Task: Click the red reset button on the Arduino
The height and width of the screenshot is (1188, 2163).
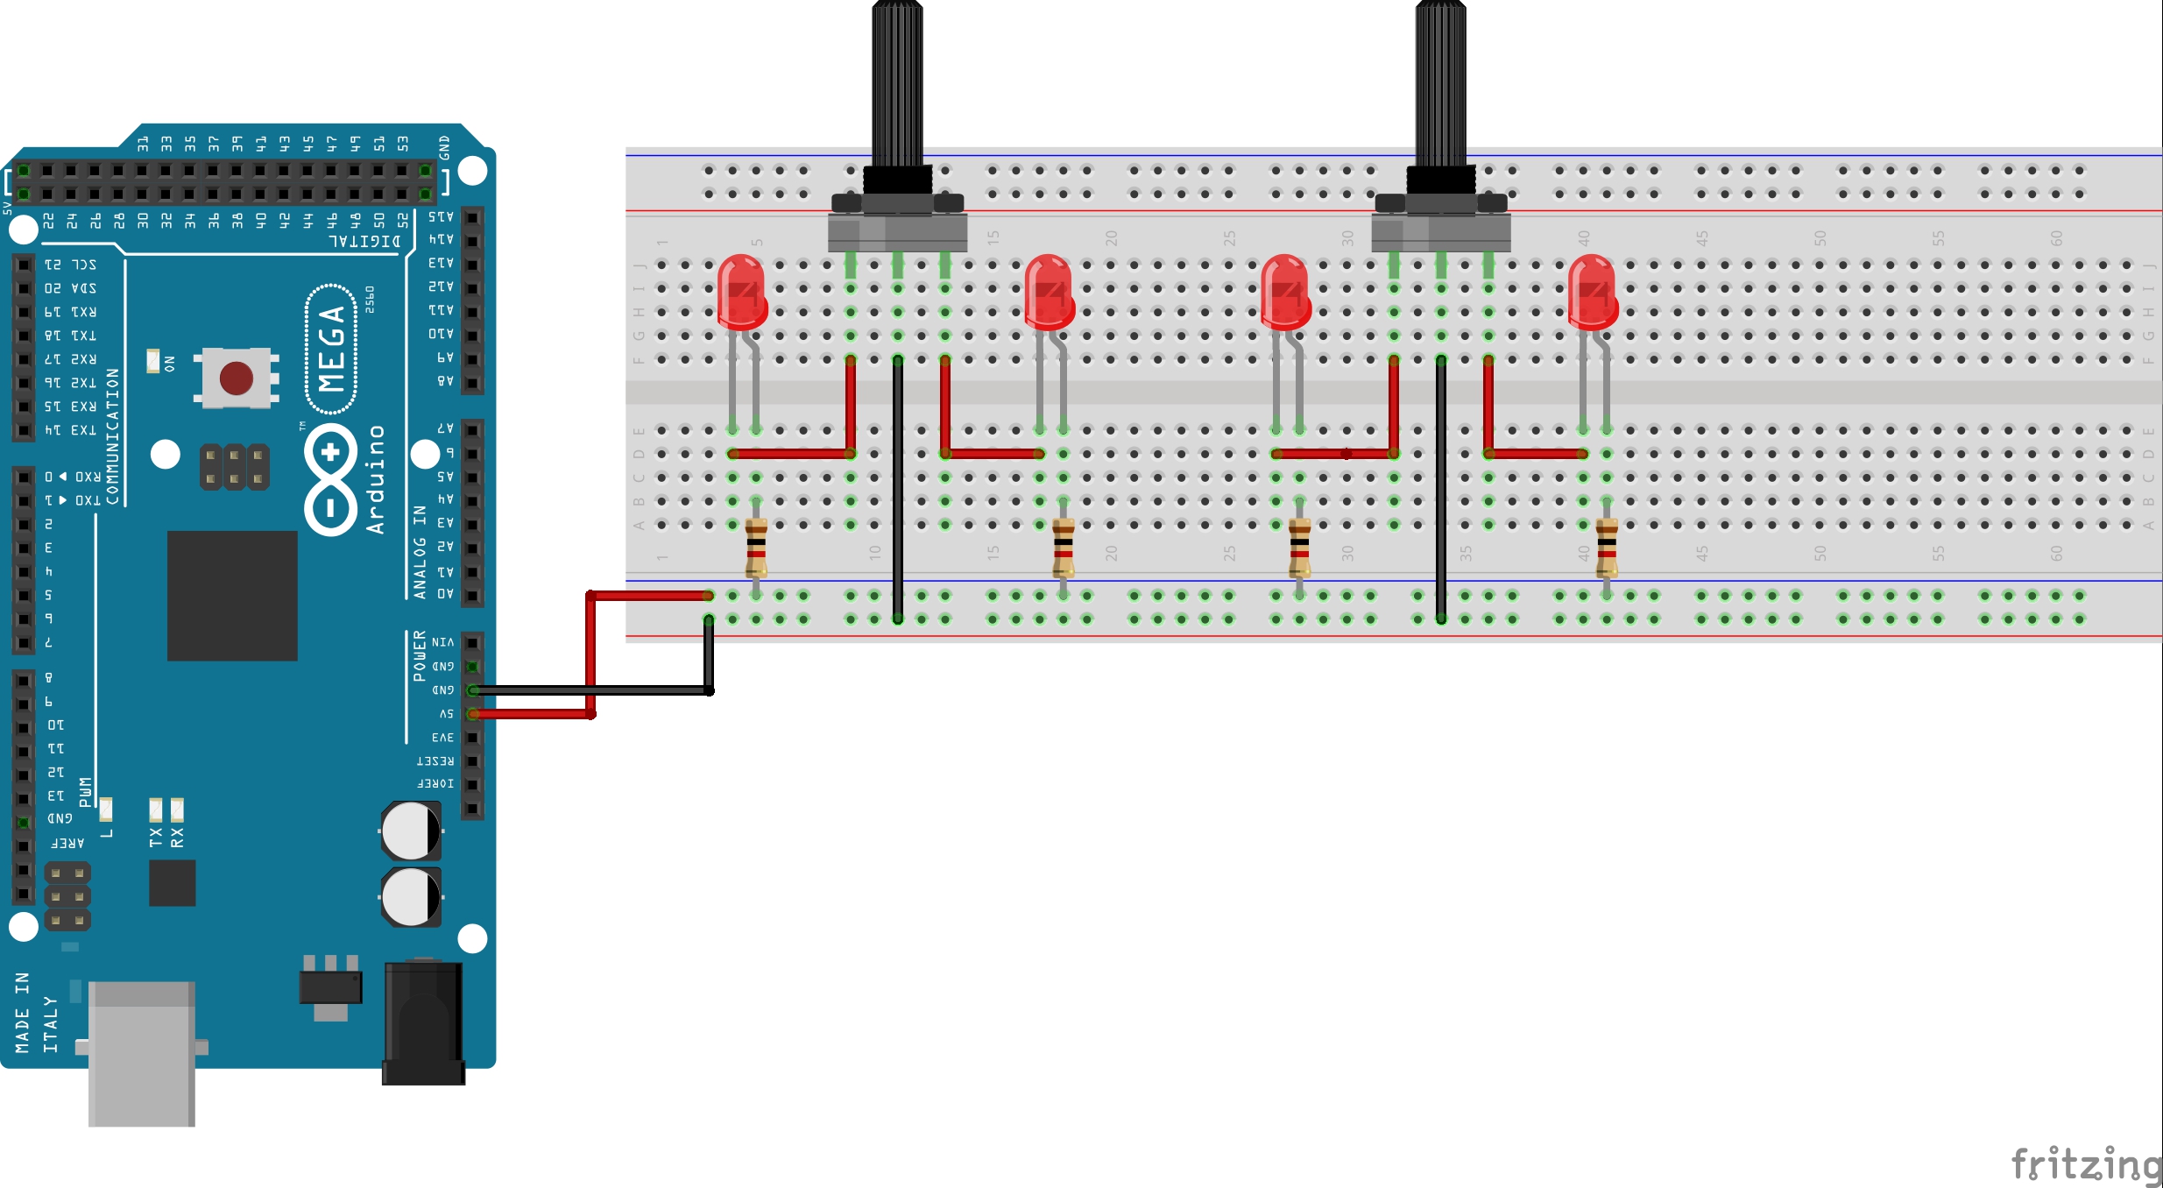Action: (x=236, y=378)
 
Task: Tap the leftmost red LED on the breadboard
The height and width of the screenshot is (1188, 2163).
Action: (x=741, y=292)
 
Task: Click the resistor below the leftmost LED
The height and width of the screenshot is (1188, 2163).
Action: (x=756, y=547)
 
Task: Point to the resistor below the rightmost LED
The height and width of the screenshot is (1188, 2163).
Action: (x=1606, y=547)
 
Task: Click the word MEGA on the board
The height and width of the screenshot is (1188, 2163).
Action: (x=331, y=348)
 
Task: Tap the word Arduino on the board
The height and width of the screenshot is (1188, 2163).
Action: (x=376, y=479)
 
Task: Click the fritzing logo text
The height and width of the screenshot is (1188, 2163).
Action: (x=2085, y=1164)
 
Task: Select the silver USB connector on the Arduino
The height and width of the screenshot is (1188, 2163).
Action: (x=141, y=1051)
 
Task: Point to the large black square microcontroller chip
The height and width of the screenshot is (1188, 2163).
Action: (x=232, y=595)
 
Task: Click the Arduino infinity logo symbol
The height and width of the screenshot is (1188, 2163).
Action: (x=330, y=479)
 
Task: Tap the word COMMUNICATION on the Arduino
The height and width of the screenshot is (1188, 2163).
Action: (x=112, y=436)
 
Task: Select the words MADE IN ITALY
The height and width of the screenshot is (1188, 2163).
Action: (x=36, y=1012)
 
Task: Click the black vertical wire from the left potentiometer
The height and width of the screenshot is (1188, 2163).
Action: (x=897, y=491)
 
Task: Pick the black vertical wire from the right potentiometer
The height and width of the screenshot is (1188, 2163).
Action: (x=1440, y=491)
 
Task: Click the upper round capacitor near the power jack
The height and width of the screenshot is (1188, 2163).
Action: (x=410, y=830)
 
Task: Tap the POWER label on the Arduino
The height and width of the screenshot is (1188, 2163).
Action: (x=420, y=655)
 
